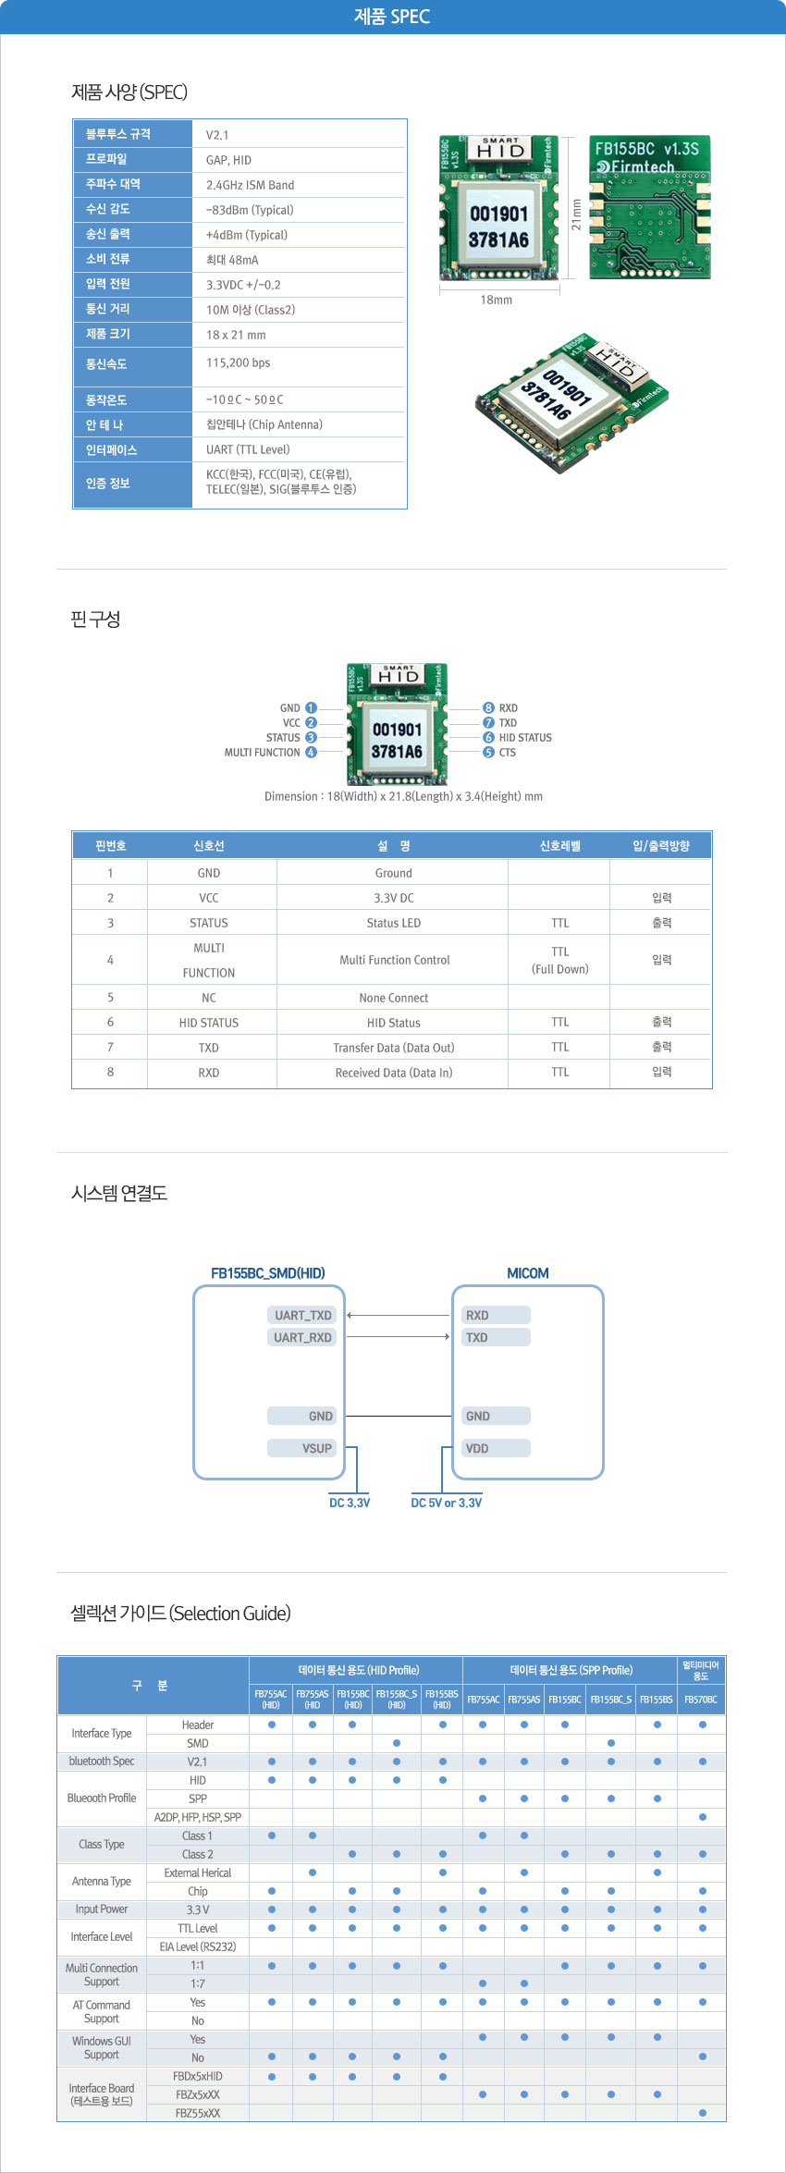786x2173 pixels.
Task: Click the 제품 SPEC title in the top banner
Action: pos(392,17)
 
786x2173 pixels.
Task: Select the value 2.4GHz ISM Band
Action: pos(250,185)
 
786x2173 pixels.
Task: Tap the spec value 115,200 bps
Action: pos(238,362)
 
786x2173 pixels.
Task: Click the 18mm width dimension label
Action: pos(497,300)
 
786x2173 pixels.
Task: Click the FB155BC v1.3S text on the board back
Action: pos(647,148)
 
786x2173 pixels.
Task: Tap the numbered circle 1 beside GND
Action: pos(311,708)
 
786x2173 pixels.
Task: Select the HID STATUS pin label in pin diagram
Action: pos(525,738)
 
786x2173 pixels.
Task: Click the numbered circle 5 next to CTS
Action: pos(488,753)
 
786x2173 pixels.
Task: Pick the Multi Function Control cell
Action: pos(395,960)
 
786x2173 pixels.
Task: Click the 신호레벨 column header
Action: pos(560,845)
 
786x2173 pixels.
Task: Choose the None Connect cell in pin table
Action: pos(394,998)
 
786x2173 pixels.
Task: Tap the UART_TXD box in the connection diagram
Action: pos(302,1315)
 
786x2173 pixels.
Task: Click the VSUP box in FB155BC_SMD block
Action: pos(302,1448)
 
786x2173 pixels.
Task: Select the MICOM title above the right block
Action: pos(528,1273)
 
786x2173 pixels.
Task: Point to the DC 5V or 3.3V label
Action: pos(447,1503)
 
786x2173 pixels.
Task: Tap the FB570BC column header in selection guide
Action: pos(701,1700)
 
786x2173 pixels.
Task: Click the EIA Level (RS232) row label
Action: pos(198,1946)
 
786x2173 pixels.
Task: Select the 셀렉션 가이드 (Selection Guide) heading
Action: pos(180,1614)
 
